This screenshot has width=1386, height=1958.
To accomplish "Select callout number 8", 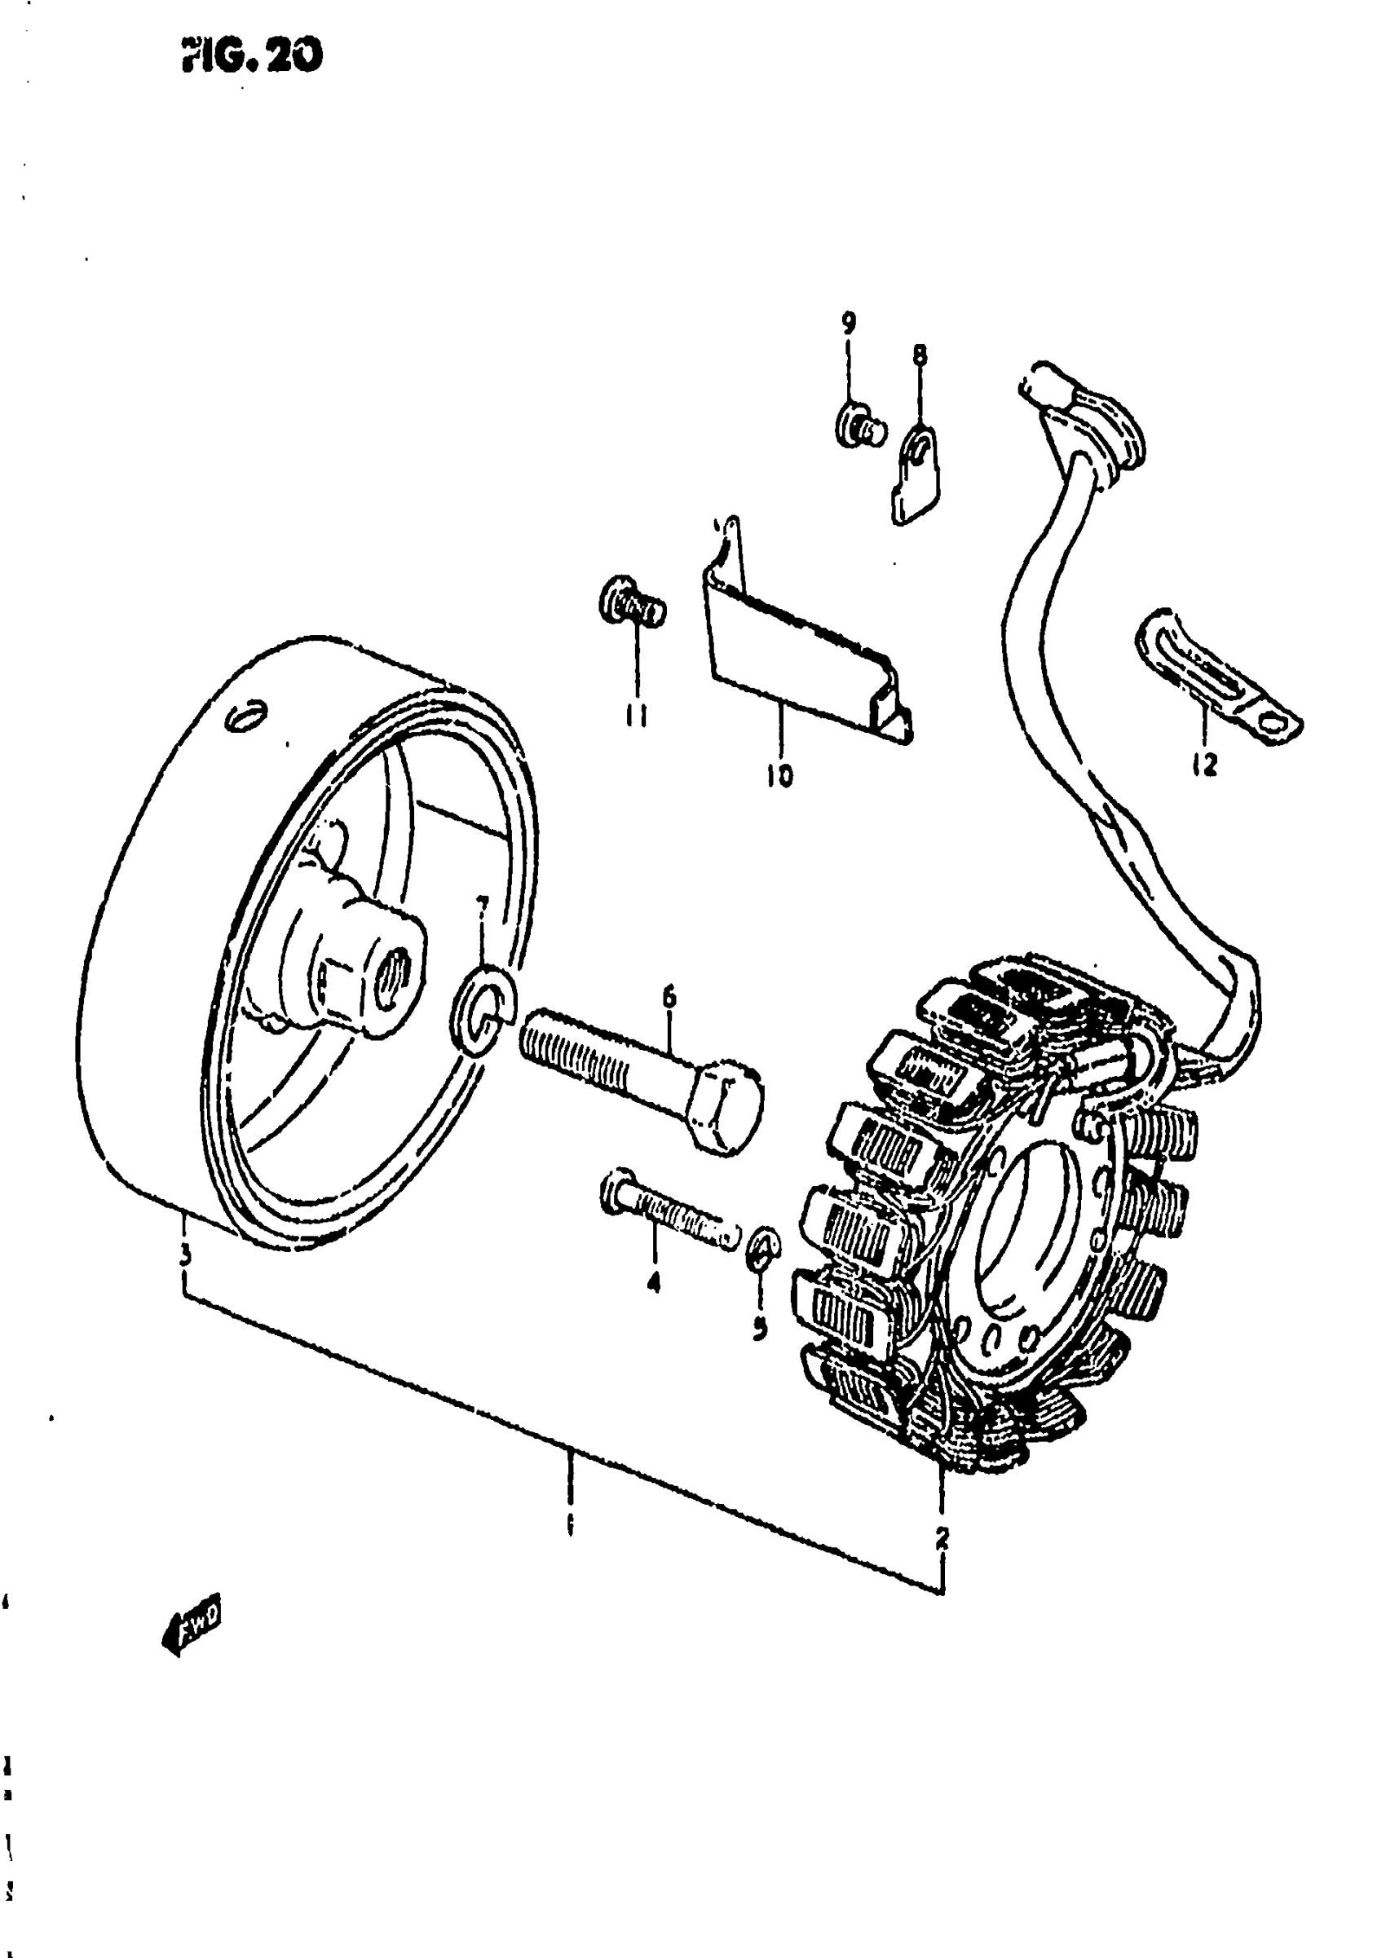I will (x=919, y=355).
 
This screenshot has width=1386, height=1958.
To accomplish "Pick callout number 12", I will (x=1204, y=765).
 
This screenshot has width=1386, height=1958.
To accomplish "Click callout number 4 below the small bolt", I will (x=654, y=1281).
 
